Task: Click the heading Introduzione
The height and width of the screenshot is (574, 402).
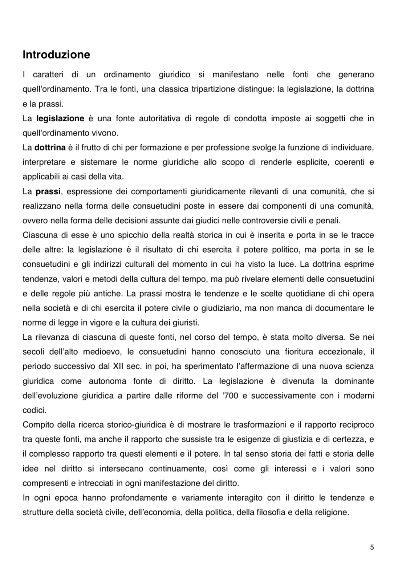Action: pos(56,55)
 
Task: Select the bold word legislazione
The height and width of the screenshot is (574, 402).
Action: pos(60,118)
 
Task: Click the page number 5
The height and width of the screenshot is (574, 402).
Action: pos(372,547)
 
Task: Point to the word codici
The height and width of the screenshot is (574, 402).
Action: pos(34,410)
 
